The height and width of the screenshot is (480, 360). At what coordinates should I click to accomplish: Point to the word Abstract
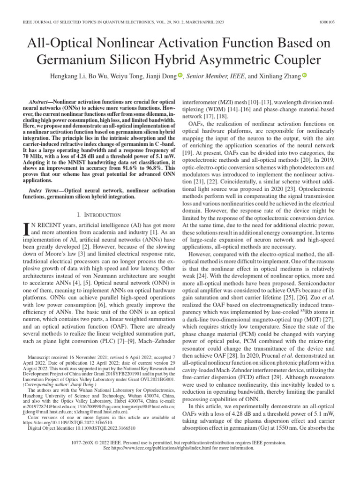pyautogui.click(x=40, y=101)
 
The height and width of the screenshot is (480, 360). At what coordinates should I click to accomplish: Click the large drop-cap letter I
pyautogui.click(x=26, y=229)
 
